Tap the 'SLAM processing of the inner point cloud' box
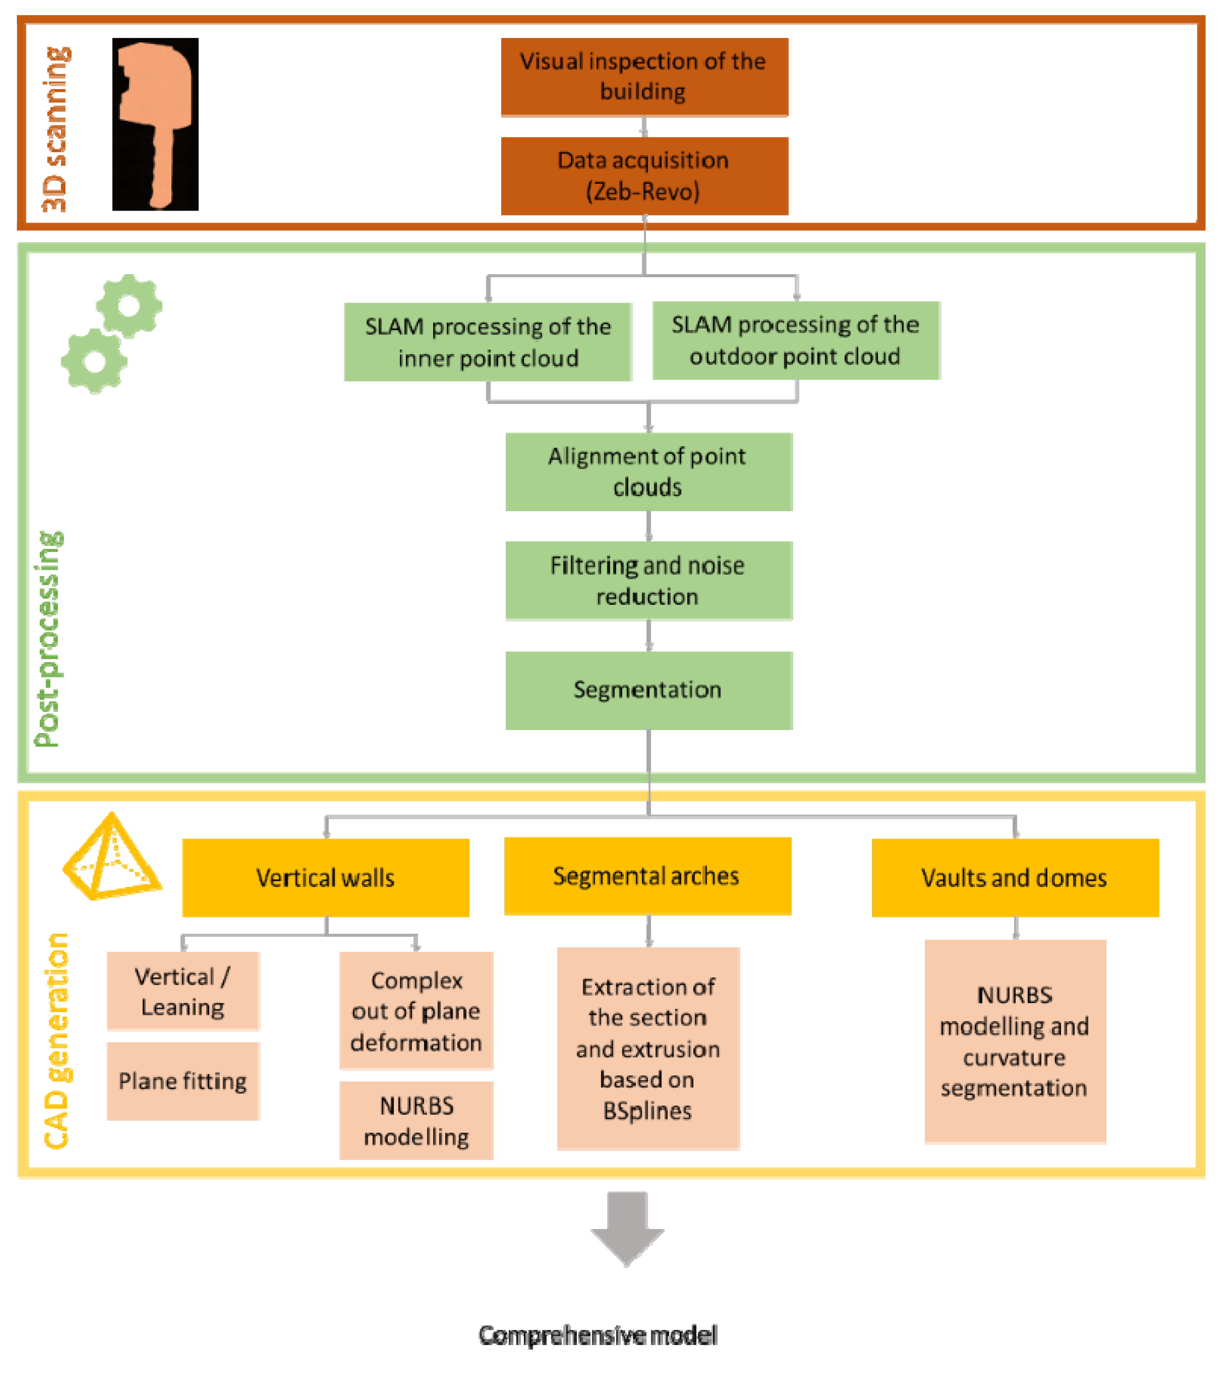click(x=488, y=342)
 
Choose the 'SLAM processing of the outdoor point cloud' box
click(x=796, y=340)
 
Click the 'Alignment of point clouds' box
click(x=649, y=472)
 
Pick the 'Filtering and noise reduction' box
click(x=649, y=581)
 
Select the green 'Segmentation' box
click(x=649, y=690)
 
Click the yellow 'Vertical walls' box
click(x=325, y=878)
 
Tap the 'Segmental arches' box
click(x=648, y=876)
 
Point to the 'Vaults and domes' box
click(x=1016, y=878)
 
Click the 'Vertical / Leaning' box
click(x=183, y=992)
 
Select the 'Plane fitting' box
click(x=183, y=1082)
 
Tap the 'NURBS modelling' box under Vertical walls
click(x=416, y=1121)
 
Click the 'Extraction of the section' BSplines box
click(x=648, y=1049)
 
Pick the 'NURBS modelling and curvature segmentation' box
click(x=1016, y=1042)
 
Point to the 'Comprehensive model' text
click(x=598, y=1335)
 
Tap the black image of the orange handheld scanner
click(x=155, y=125)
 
